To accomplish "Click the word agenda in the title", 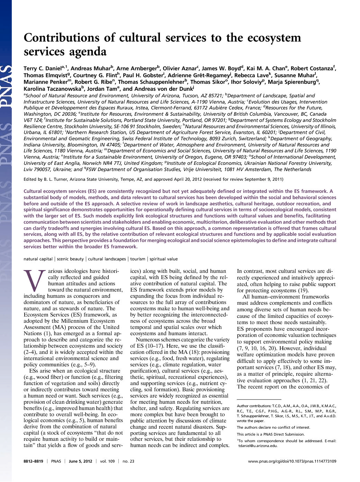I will [x=88, y=52].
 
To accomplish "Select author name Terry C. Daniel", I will [x=42, y=69].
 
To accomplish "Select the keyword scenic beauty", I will [x=70, y=259].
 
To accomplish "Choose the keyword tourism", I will [x=138, y=259].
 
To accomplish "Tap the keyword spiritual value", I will [x=163, y=259].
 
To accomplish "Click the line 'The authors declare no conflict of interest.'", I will [x=273, y=427].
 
